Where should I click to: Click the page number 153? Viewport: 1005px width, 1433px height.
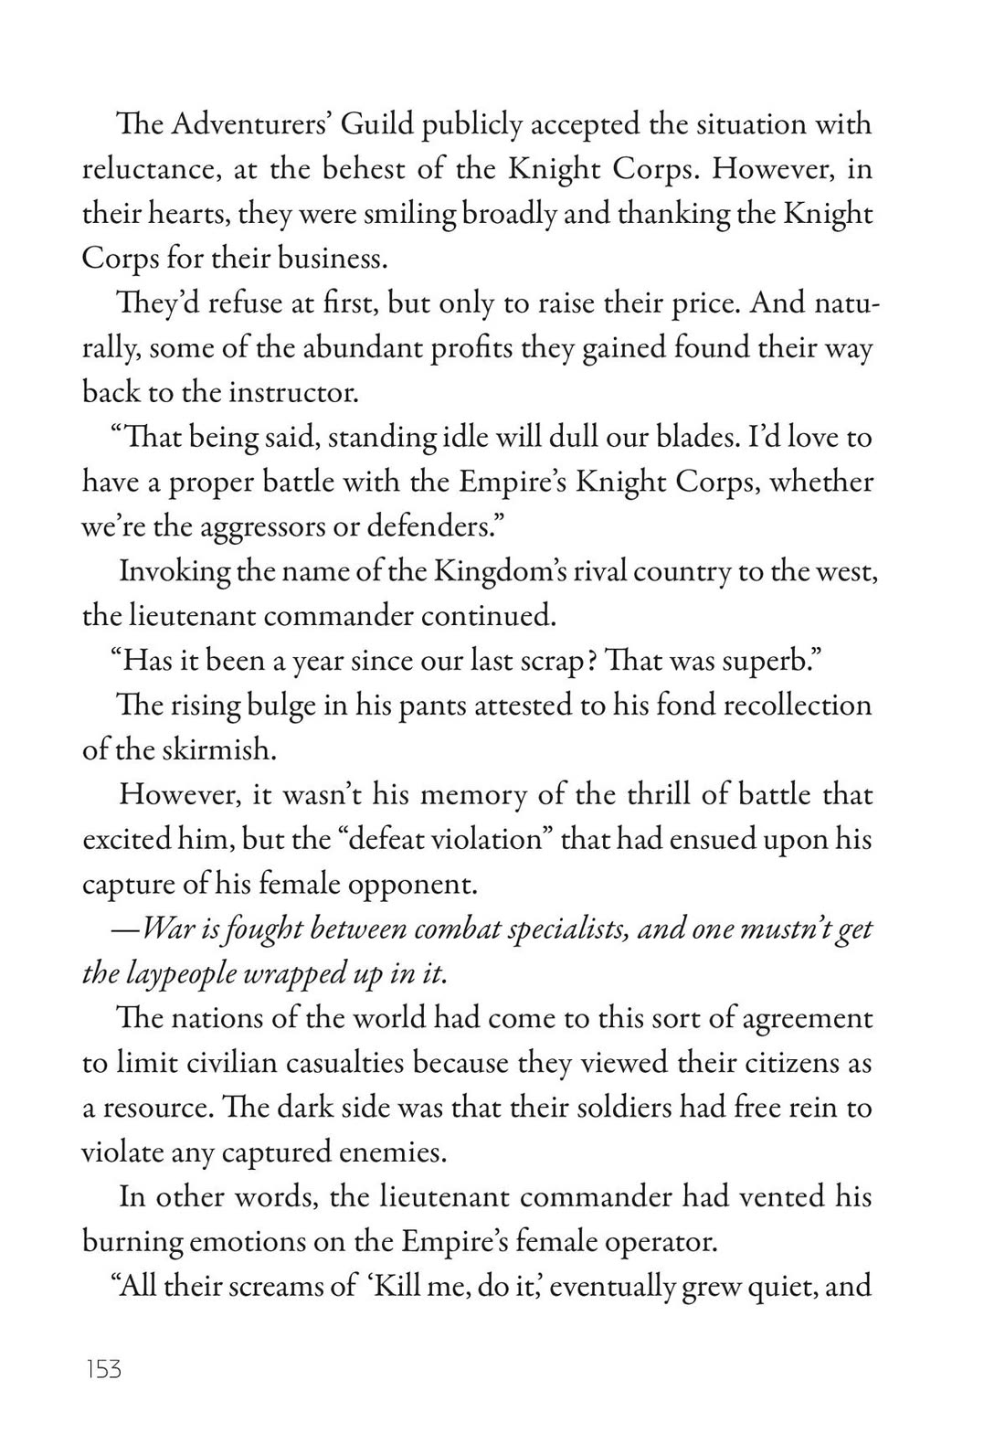tap(102, 1370)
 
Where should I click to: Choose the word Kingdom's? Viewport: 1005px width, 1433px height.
tap(502, 572)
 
